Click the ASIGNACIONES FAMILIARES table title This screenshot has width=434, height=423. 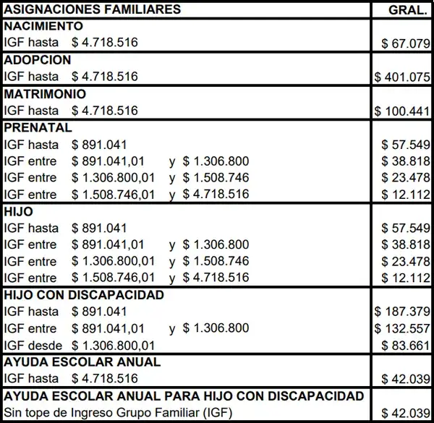click(93, 10)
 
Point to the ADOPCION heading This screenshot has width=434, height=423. click(38, 60)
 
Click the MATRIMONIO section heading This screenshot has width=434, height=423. click(45, 94)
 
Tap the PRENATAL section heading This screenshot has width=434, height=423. click(38, 128)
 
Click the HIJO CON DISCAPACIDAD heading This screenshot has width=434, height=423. click(84, 295)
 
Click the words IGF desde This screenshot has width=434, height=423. click(33, 346)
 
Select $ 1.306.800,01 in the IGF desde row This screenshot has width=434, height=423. click(114, 346)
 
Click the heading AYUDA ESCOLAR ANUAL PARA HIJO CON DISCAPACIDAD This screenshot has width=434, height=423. click(184, 396)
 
